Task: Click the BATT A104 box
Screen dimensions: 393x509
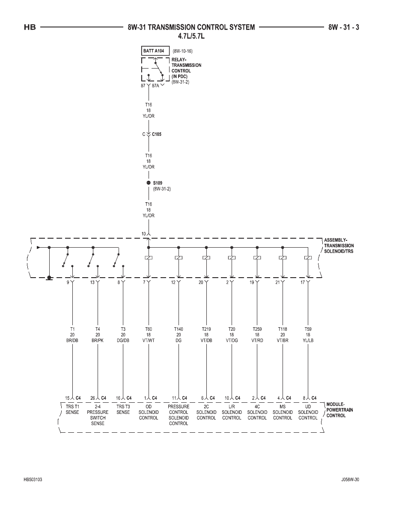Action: (155, 51)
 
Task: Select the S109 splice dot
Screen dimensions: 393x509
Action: (149, 183)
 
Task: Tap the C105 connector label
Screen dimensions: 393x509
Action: (157, 134)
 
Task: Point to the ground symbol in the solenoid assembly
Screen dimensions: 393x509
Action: (49, 278)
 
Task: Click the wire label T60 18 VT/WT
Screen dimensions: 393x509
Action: (149, 335)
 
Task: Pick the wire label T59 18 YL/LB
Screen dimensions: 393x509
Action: (308, 335)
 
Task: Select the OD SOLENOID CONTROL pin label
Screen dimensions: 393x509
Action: (149, 412)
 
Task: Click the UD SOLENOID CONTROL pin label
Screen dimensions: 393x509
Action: (308, 412)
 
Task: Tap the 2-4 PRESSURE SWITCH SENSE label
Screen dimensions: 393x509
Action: (98, 415)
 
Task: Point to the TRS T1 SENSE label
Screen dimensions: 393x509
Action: (72, 409)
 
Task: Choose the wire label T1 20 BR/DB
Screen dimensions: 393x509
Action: (72, 335)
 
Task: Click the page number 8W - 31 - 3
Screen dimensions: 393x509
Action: (344, 27)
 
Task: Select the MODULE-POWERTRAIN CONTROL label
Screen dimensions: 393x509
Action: (339, 410)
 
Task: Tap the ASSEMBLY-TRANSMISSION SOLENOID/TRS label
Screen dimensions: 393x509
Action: (339, 246)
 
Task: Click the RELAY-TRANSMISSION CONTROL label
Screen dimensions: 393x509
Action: (186, 68)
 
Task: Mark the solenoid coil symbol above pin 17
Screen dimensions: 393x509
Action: (308, 258)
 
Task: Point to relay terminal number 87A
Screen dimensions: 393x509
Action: (156, 86)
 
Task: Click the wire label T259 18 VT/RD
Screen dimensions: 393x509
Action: (257, 335)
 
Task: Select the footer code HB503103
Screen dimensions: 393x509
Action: (33, 480)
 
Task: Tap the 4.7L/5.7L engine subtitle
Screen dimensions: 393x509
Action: (191, 36)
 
